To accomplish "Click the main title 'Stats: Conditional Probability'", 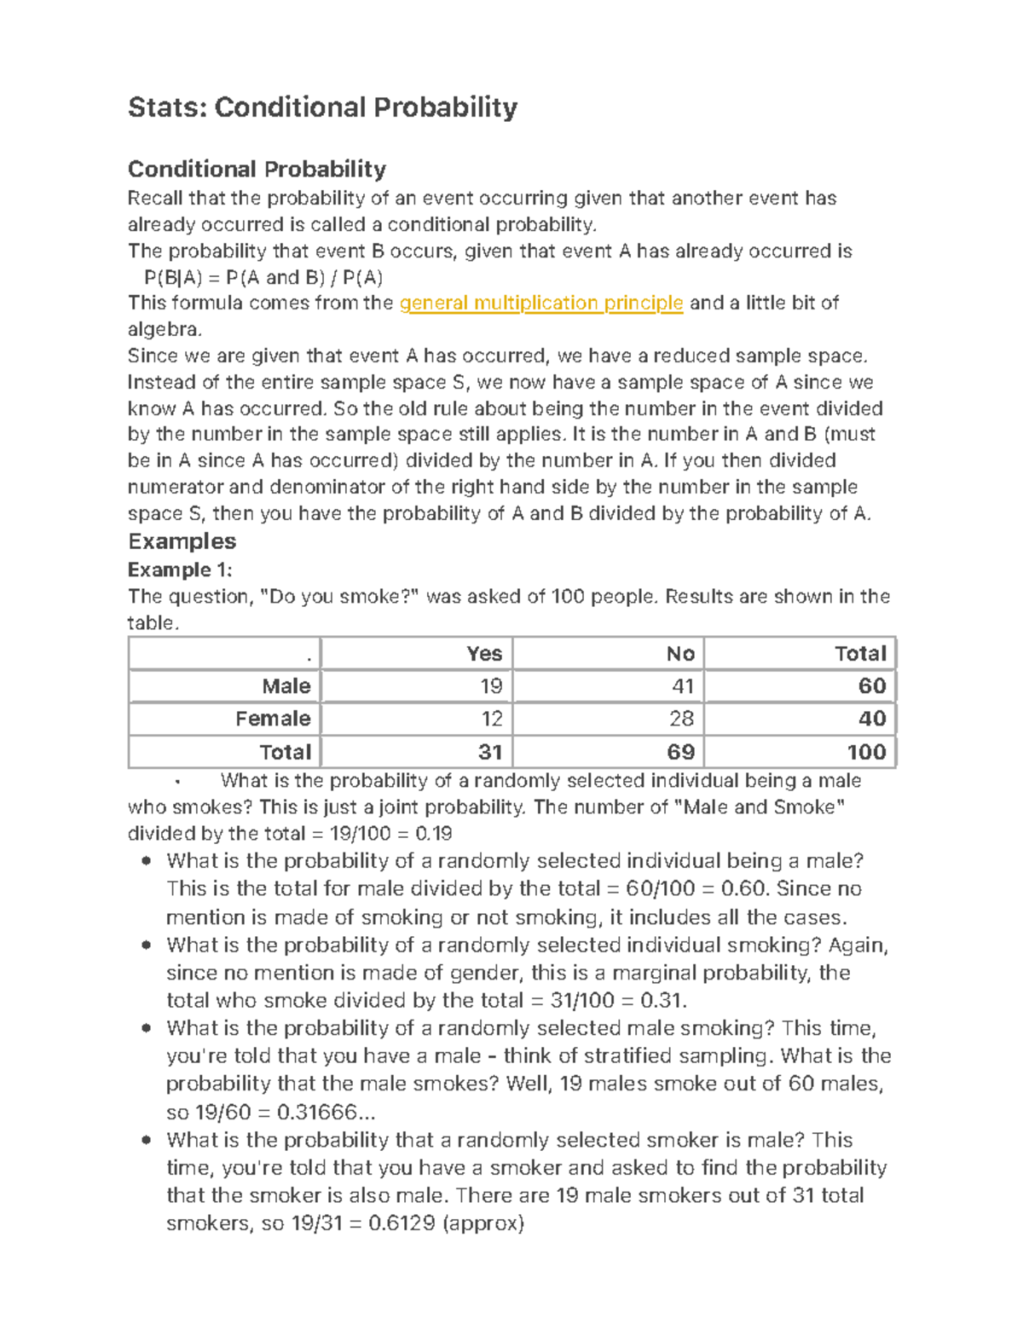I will pyautogui.click(x=322, y=107).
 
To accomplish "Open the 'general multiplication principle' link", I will pyautogui.click(x=541, y=303).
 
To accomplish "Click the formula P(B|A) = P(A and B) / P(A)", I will pyautogui.click(x=263, y=277).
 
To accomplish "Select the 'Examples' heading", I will pyautogui.click(x=182, y=541).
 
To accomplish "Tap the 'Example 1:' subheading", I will pyautogui.click(x=179, y=569).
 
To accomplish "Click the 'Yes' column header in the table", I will pyautogui.click(x=484, y=654).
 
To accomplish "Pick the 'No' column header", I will pyautogui.click(x=680, y=654).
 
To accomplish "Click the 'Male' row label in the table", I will pyautogui.click(x=286, y=686).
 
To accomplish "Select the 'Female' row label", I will pyautogui.click(x=273, y=719).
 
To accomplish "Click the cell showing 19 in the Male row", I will pyautogui.click(x=491, y=686).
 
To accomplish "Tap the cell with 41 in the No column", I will pyautogui.click(x=683, y=686).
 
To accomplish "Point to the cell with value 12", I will pyautogui.click(x=492, y=719).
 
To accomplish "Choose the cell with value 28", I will pyautogui.click(x=682, y=719).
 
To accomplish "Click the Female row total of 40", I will pyautogui.click(x=872, y=719).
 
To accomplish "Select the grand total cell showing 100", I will pyautogui.click(x=866, y=752).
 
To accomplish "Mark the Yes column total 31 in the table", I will pyautogui.click(x=490, y=752).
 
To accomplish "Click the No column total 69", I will pyautogui.click(x=681, y=752).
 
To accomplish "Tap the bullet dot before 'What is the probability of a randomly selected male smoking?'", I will pyautogui.click(x=147, y=1028).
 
